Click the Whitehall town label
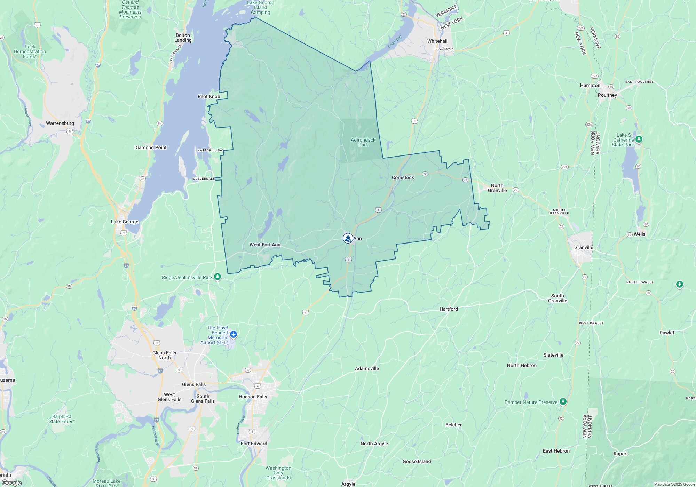click(437, 41)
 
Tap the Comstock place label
click(403, 177)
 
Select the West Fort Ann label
click(265, 245)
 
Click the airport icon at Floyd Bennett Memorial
click(233, 335)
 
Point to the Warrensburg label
click(60, 123)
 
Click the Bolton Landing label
click(183, 38)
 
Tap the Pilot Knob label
click(209, 96)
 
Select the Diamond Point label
click(150, 147)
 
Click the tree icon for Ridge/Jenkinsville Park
click(217, 277)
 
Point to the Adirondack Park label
click(363, 142)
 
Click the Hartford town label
click(449, 309)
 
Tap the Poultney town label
click(607, 95)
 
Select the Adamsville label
click(367, 368)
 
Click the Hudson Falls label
click(253, 397)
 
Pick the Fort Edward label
click(254, 444)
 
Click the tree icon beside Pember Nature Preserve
click(563, 402)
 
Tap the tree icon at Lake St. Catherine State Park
click(639, 139)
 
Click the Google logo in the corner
click(11, 483)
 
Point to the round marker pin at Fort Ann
click(348, 238)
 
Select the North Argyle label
click(374, 444)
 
